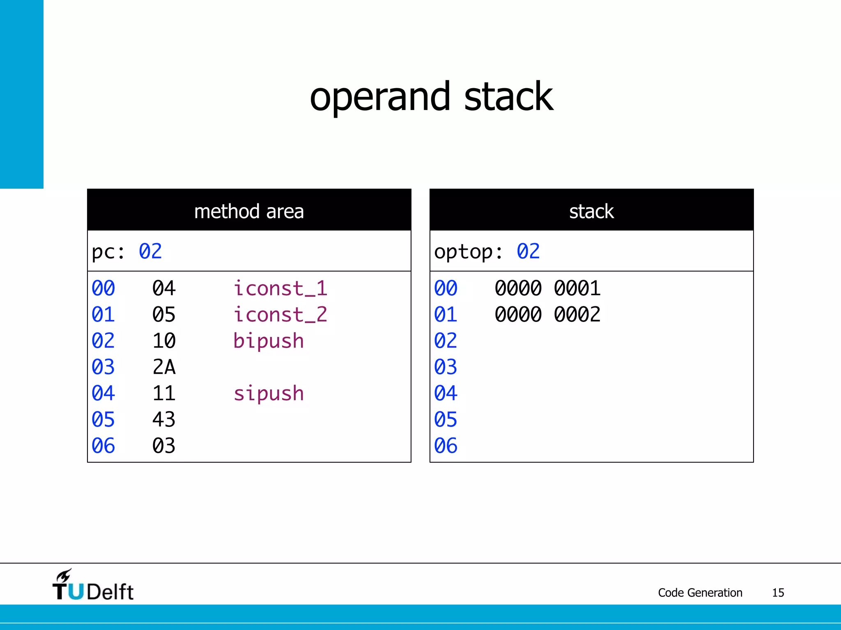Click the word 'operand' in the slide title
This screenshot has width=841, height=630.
tap(380, 98)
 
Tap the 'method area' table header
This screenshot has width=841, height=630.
tap(249, 211)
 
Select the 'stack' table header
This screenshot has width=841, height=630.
tap(591, 211)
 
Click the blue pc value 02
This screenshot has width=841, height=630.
tap(150, 251)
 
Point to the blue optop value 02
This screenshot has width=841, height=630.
tap(528, 251)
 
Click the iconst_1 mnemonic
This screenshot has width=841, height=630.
tap(280, 288)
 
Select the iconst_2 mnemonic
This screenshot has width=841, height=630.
tap(280, 315)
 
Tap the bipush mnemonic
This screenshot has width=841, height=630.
tap(269, 341)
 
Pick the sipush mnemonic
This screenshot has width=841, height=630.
tap(269, 393)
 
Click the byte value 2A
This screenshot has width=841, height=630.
tap(164, 367)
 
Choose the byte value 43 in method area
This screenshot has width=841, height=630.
tap(164, 420)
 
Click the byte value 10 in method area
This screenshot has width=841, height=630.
tap(164, 341)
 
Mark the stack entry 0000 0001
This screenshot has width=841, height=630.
tap(547, 288)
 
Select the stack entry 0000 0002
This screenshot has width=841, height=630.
tap(547, 315)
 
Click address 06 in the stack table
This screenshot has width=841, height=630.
tap(446, 446)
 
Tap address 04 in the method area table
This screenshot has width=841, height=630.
tap(103, 393)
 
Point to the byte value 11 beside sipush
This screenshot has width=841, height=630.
tap(164, 393)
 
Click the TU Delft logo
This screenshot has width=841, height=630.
tap(93, 586)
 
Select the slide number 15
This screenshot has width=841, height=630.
tap(778, 593)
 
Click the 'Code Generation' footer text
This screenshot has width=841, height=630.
tap(700, 593)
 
